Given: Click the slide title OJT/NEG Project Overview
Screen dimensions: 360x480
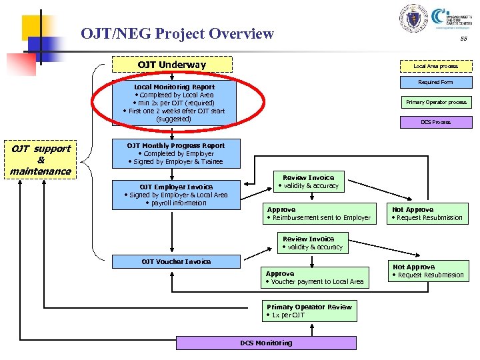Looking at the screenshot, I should pos(177,33).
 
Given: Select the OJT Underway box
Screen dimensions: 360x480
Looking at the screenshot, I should pos(171,65).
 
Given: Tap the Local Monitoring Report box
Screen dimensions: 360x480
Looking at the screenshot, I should pos(174,103).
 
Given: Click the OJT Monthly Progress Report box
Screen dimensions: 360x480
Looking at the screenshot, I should pos(175,153).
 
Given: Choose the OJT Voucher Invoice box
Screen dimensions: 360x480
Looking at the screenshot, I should pos(176,261).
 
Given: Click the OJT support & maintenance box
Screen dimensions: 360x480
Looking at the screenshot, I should pos(41,160).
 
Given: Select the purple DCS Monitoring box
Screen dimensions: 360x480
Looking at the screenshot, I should pos(266,343).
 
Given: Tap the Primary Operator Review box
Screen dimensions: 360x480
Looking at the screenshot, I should pos(309,311).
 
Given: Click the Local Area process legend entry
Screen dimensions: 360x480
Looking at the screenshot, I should pos(435,66).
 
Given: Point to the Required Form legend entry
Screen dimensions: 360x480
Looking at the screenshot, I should pos(435,83).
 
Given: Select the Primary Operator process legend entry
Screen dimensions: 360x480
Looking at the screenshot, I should pos(436,102).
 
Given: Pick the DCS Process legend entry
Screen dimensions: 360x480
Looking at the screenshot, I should pos(435,122).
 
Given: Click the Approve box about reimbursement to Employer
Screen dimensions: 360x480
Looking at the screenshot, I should pos(318,213).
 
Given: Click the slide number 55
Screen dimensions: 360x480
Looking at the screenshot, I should pos(463,39).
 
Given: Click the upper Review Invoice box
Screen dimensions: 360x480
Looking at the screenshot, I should pos(308,181).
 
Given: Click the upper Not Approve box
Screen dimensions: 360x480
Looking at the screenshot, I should pos(427,213).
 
